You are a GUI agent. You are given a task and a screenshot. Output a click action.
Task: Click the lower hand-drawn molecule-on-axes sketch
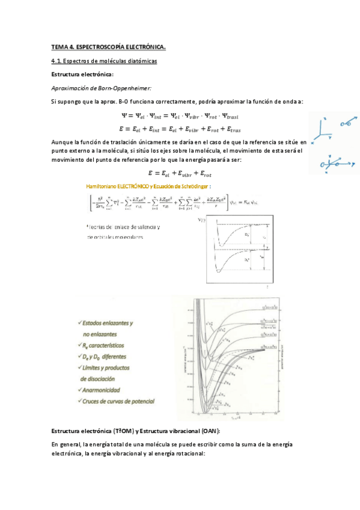pyautogui.click(x=334, y=162)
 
